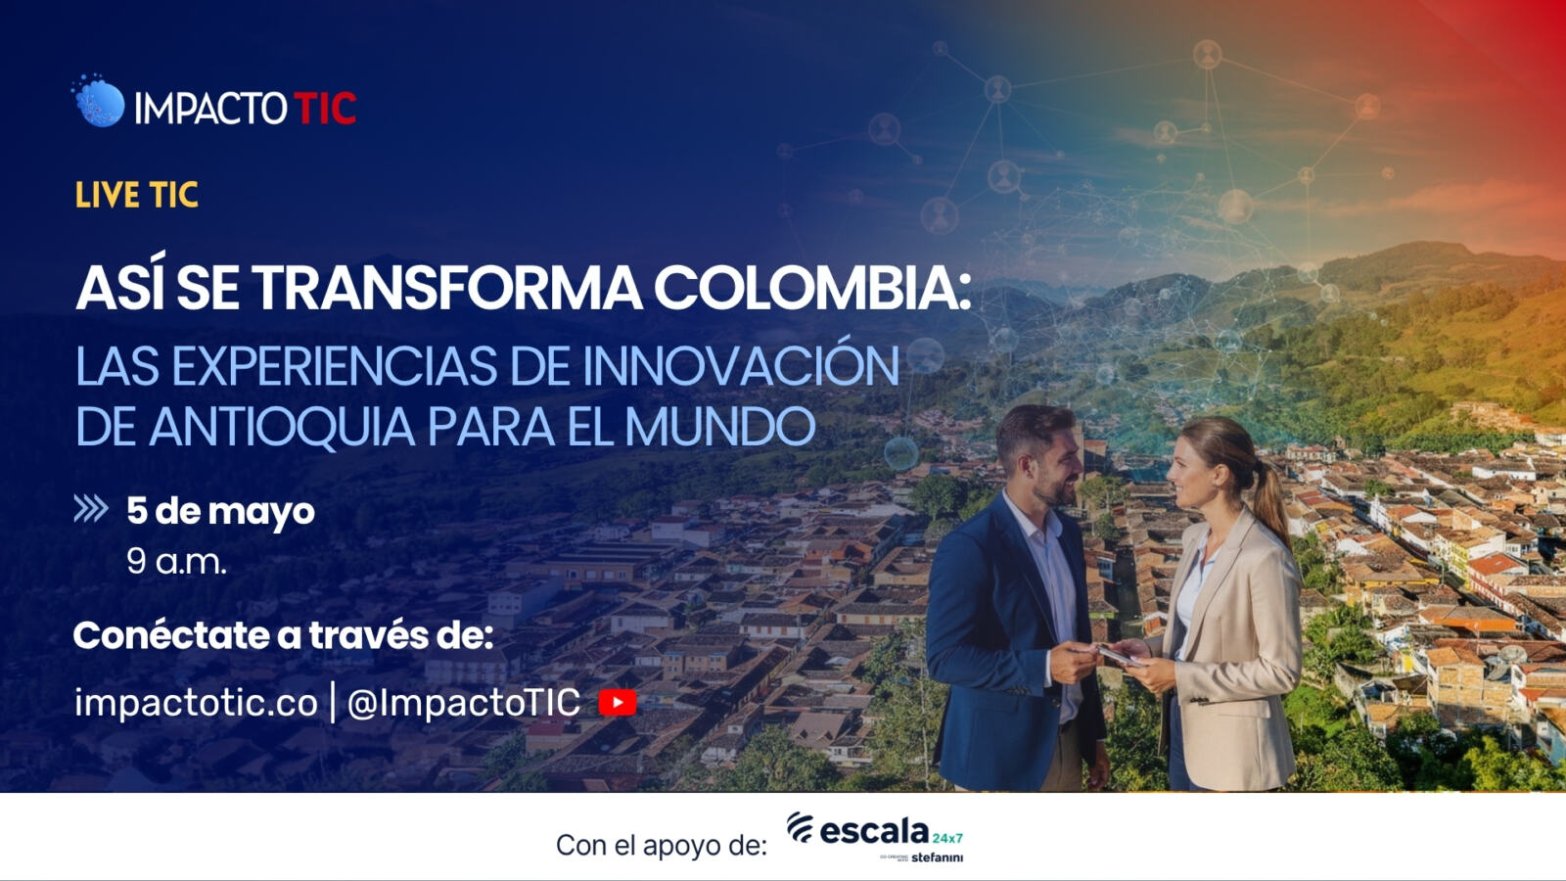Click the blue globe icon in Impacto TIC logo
pos(100,103)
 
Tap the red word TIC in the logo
pos(325,108)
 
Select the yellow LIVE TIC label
pos(137,196)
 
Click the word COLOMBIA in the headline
pos(812,288)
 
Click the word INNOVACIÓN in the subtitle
pos(741,366)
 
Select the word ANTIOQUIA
pos(282,428)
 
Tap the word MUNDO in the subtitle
pos(719,428)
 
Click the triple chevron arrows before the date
pos(91,509)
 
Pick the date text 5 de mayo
pos(220,511)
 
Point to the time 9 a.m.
pos(176,561)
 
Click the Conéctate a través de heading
pos(283,635)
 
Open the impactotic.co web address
pos(196,702)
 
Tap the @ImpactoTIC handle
pos(464,702)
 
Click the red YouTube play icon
pos(618,702)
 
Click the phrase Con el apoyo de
pos(661,845)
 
